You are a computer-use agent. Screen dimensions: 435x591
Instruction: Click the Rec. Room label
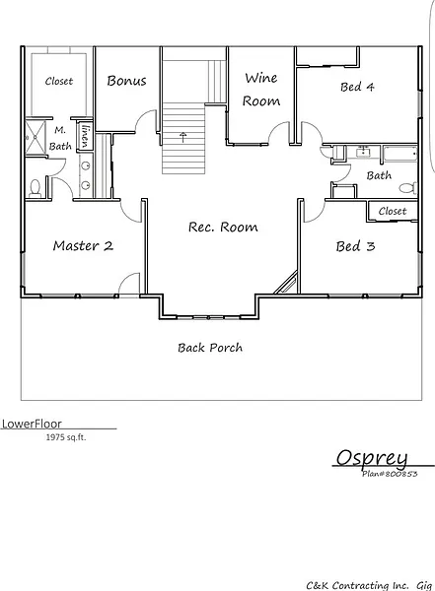click(223, 227)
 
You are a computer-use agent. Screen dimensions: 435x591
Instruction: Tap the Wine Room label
click(261, 90)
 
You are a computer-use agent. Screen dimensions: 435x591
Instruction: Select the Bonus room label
click(126, 81)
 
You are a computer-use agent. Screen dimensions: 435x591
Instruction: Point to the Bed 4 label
click(357, 87)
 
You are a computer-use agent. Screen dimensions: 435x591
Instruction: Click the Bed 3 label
click(355, 246)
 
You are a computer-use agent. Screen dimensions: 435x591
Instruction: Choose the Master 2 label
click(83, 245)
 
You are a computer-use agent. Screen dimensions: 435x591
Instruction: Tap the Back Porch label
click(210, 348)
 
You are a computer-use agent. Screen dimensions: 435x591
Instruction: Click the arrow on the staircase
click(183, 137)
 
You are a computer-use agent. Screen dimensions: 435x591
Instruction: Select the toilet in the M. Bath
click(36, 188)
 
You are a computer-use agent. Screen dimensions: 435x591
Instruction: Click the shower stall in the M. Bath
click(36, 137)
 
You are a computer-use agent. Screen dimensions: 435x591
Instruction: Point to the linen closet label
click(86, 136)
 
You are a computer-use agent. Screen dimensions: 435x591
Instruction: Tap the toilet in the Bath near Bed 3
click(407, 187)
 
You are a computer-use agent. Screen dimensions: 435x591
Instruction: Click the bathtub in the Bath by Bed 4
click(400, 154)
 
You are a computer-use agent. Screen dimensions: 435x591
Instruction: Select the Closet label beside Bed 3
click(393, 211)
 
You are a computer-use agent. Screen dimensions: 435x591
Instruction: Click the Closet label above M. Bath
click(59, 81)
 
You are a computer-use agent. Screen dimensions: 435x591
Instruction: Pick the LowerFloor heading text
click(32, 424)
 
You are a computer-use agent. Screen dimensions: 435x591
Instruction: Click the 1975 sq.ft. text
click(66, 437)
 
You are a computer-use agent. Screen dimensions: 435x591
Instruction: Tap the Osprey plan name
click(372, 459)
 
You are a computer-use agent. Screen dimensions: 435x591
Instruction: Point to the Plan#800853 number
click(390, 474)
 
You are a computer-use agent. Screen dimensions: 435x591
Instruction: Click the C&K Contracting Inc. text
click(357, 585)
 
